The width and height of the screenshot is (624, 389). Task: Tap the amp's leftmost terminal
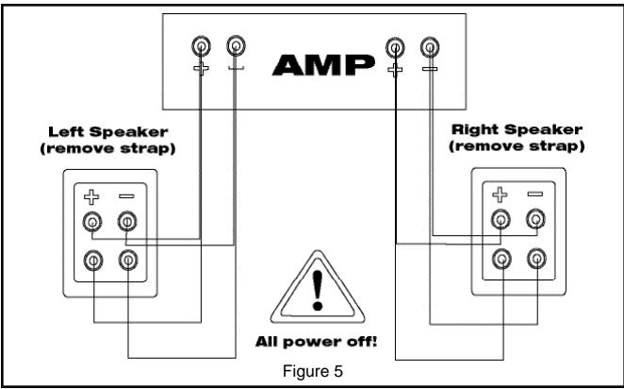click(200, 45)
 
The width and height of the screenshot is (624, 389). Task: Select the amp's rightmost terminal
click(430, 45)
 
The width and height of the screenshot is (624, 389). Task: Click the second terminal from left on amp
click(235, 45)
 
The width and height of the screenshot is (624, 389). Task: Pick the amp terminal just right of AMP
click(394, 45)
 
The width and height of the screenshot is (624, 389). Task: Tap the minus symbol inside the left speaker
click(125, 194)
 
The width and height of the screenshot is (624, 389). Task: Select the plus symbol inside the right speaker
click(501, 194)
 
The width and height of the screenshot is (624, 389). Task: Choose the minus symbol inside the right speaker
click(535, 194)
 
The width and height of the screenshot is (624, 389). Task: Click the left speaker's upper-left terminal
click(92, 222)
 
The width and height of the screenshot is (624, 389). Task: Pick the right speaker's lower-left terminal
click(501, 259)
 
